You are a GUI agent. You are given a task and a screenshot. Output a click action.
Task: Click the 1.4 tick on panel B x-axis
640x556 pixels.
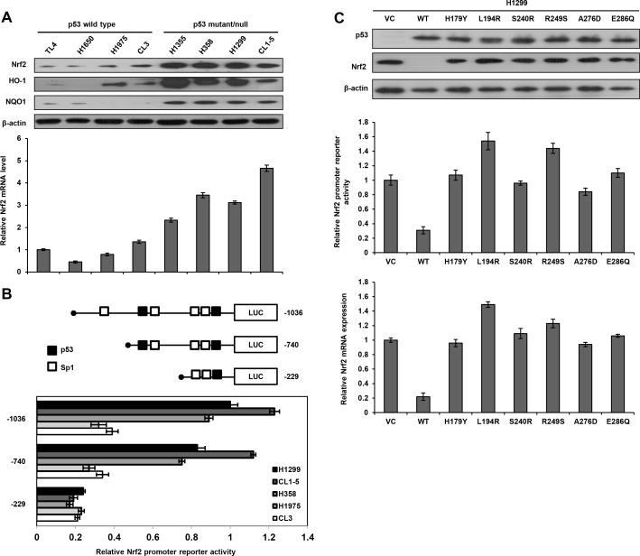307,536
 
